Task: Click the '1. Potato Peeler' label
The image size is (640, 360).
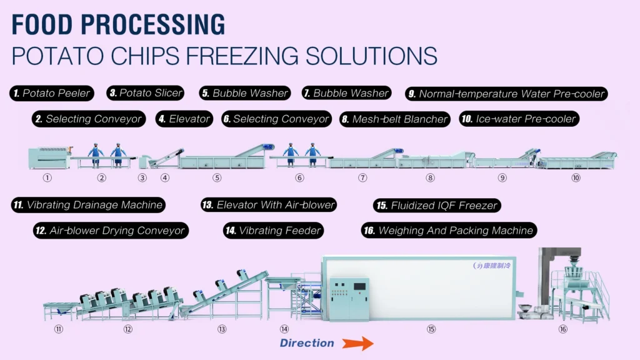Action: click(x=52, y=94)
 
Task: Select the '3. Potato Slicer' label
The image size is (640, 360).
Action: click(x=146, y=93)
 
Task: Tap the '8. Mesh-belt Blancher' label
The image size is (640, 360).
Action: click(x=394, y=119)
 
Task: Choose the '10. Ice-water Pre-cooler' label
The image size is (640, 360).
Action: click(x=519, y=119)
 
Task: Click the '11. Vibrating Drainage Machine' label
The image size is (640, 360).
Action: click(x=88, y=204)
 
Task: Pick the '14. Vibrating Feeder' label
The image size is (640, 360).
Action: click(x=274, y=231)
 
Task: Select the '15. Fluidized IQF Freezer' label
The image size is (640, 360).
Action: click(x=437, y=205)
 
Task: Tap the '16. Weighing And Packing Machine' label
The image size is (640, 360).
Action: click(x=449, y=231)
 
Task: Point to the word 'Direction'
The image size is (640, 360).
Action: click(x=307, y=343)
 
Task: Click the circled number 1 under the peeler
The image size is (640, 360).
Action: click(x=46, y=177)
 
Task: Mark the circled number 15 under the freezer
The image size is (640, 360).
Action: click(x=431, y=329)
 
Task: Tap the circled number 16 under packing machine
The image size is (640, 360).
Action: click(x=563, y=329)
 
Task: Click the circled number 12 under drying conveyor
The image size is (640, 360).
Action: click(x=128, y=329)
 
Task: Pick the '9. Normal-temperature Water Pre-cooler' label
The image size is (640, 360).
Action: click(x=506, y=94)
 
